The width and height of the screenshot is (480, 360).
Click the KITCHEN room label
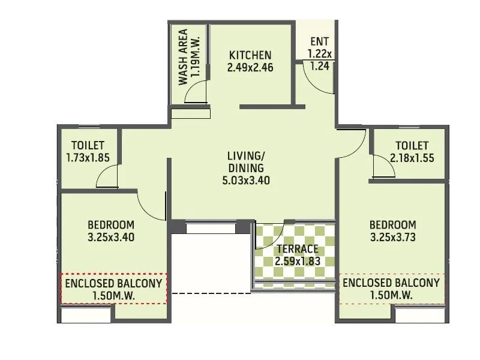[250, 55]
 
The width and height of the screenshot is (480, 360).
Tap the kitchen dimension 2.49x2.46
[250, 68]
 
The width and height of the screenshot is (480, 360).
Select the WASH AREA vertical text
[183, 57]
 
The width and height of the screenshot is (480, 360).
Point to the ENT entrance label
[319, 42]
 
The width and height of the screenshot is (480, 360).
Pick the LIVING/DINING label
[245, 162]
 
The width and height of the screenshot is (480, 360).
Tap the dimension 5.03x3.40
[245, 179]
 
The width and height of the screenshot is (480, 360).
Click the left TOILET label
[88, 146]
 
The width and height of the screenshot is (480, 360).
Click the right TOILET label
[412, 146]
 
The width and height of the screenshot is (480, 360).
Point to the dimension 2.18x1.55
[412, 158]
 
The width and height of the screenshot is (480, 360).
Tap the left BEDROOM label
[110, 225]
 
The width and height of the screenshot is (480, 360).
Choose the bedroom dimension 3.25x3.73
[392, 237]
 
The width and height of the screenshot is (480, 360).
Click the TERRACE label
[298, 249]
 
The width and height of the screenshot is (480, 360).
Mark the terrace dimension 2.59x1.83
[298, 262]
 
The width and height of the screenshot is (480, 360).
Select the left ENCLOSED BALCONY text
[113, 283]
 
